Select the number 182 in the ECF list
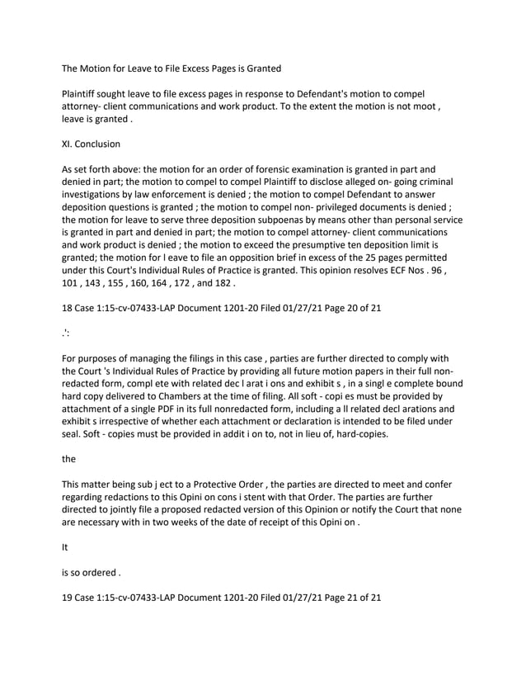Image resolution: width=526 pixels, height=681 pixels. (x=221, y=285)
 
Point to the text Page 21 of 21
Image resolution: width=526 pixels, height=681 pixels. (x=345, y=595)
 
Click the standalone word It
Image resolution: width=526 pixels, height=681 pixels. (x=66, y=545)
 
